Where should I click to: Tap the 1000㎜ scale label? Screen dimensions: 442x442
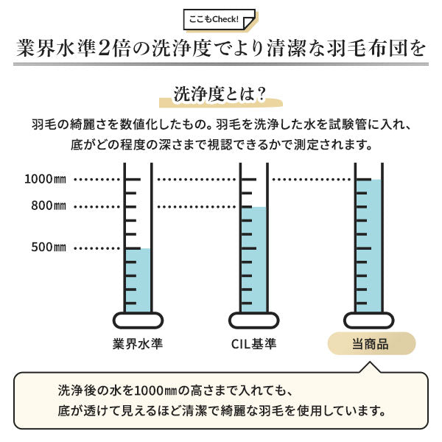[x=46, y=179]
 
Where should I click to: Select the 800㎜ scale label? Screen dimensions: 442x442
[x=49, y=206]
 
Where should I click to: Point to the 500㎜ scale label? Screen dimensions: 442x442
[x=49, y=248]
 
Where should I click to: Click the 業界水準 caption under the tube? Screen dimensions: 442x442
[x=138, y=344]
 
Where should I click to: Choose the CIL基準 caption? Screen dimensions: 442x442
[x=253, y=344]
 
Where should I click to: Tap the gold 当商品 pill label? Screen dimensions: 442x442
[x=371, y=343]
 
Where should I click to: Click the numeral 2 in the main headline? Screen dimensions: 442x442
[x=104, y=48]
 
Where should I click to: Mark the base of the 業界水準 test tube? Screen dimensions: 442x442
[x=138, y=320]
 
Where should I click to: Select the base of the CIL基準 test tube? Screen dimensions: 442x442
[x=254, y=320]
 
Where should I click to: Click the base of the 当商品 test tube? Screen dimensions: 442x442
[x=369, y=320]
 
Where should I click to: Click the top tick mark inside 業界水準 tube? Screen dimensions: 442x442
[x=133, y=179]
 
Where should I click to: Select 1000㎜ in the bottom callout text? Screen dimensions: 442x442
[x=155, y=391]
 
